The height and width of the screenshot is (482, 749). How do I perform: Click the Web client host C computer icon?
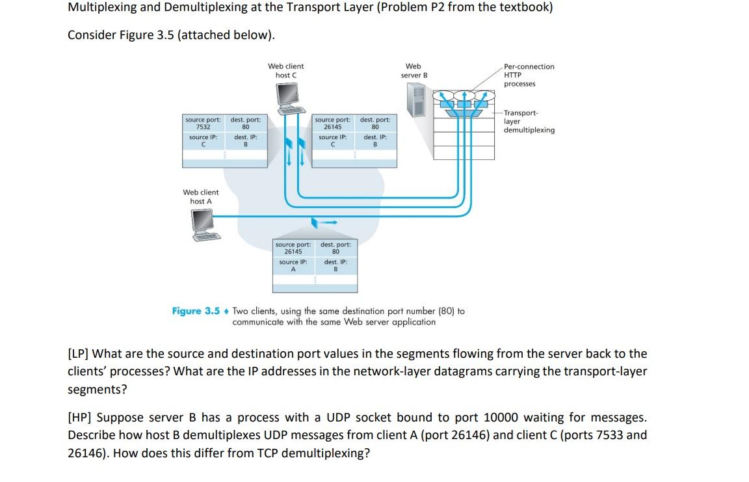click(288, 98)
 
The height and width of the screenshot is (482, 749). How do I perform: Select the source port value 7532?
click(203, 127)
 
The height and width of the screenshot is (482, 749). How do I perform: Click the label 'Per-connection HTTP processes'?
click(529, 75)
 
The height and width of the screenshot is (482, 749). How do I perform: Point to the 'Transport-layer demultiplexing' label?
click(529, 122)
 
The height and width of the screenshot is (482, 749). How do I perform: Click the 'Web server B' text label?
click(414, 70)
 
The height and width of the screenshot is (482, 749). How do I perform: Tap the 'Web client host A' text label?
click(201, 196)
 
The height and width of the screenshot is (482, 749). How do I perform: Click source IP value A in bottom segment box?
click(293, 269)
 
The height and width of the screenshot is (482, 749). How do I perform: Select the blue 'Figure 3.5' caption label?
click(196, 311)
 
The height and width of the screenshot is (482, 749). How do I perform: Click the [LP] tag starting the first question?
click(79, 354)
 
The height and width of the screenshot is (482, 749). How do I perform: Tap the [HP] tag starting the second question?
click(80, 418)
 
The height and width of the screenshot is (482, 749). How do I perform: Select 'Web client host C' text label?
click(285, 70)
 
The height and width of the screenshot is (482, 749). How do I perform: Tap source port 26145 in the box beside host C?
click(332, 127)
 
